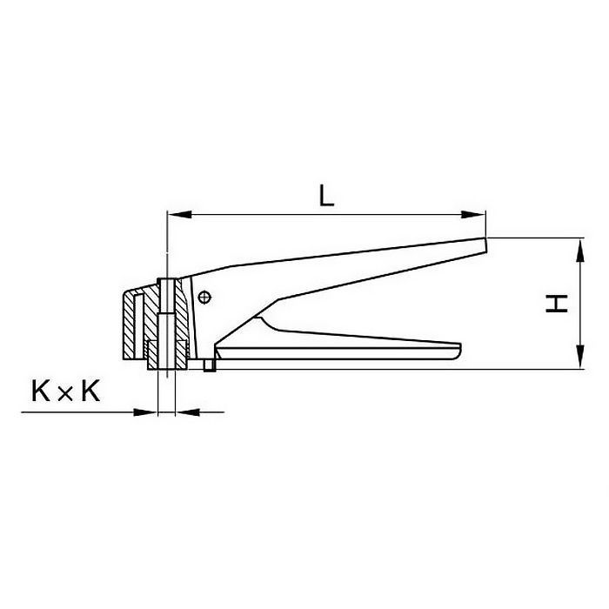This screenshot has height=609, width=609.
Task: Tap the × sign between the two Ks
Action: click(x=65, y=394)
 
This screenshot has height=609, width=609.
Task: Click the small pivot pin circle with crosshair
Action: click(x=204, y=297)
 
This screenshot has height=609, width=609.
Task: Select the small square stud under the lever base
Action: click(x=209, y=366)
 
